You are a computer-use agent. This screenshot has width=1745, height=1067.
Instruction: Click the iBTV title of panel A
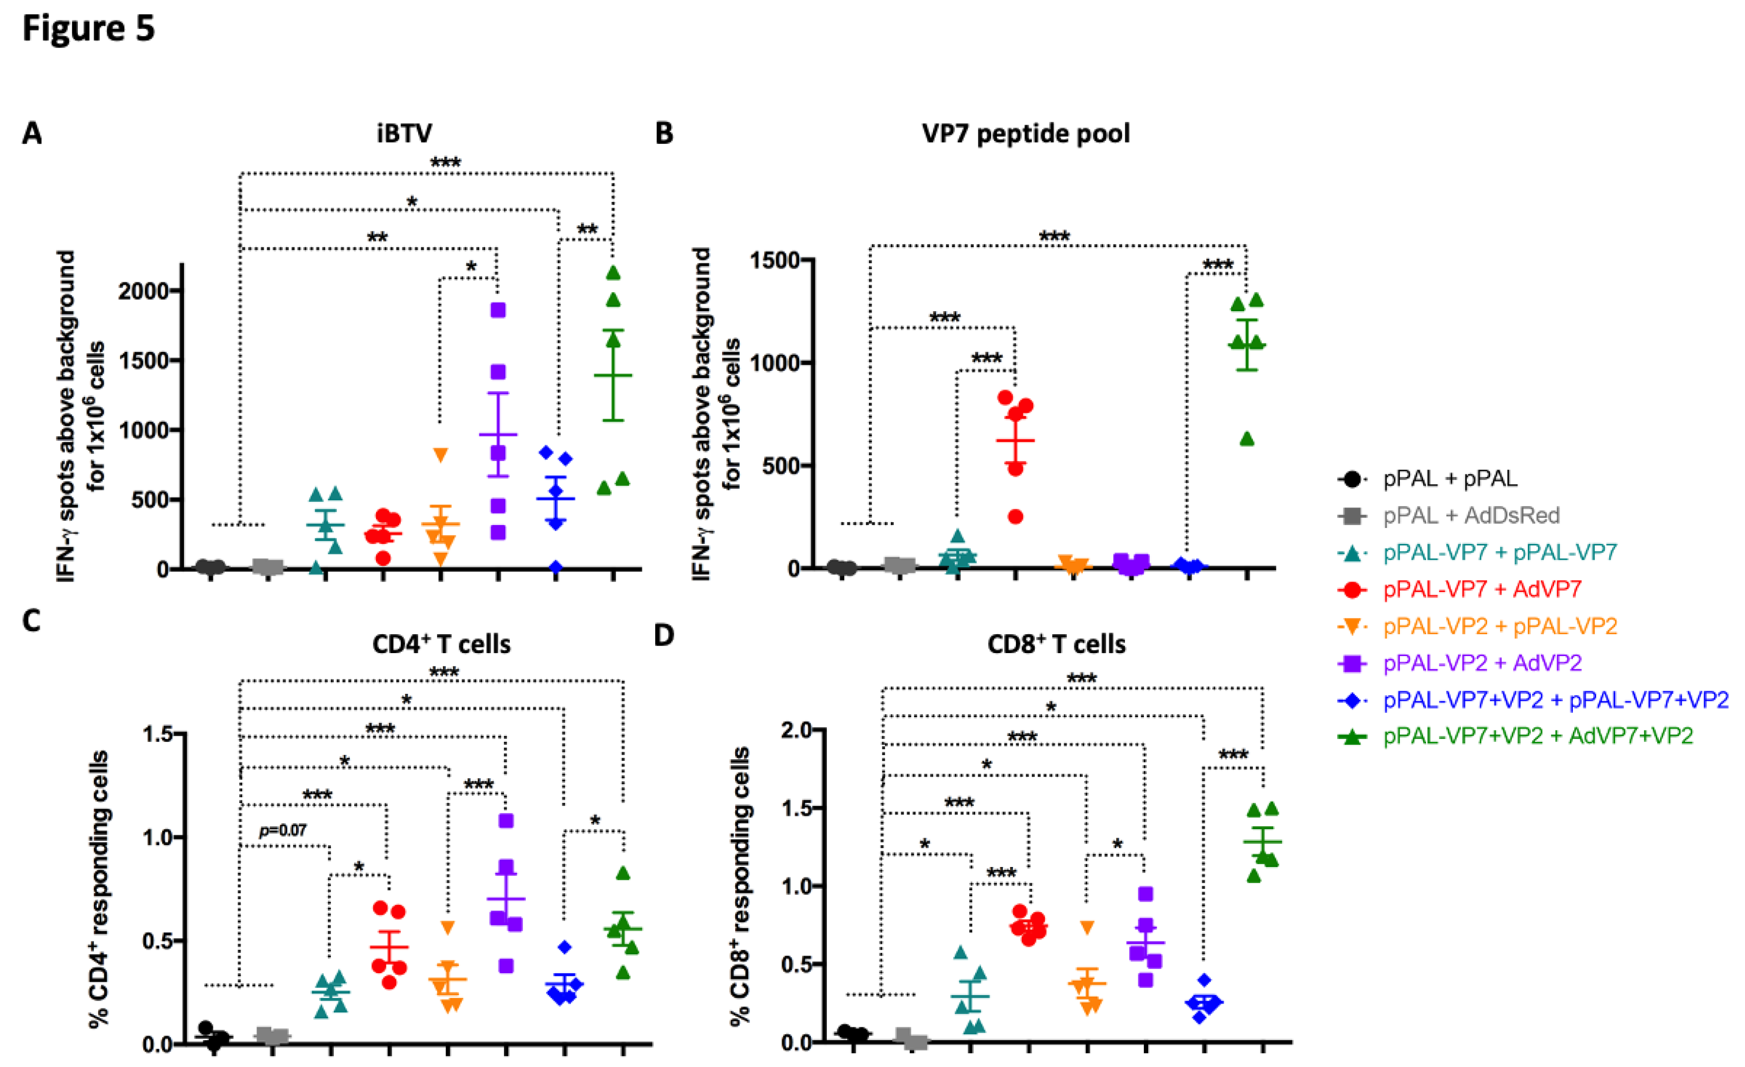tap(404, 133)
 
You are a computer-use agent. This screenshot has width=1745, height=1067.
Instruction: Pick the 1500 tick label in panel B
tap(775, 261)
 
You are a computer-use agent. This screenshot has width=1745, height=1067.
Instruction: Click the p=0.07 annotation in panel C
tap(283, 830)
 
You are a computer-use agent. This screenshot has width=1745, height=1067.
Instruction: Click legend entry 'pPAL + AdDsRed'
tap(1471, 515)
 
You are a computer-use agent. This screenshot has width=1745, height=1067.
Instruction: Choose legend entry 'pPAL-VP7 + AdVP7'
tap(1482, 589)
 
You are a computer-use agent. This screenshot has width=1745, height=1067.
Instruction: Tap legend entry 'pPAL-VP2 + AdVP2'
tap(1482, 663)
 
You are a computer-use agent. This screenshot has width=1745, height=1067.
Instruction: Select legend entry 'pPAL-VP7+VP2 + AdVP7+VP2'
tap(1538, 736)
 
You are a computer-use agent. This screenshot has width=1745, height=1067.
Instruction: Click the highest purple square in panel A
tap(499, 310)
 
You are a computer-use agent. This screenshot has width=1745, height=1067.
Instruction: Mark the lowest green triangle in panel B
tap(1247, 439)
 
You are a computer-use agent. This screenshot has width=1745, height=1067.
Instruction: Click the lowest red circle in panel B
tap(1015, 517)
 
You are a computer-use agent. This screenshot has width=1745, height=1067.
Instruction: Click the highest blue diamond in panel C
tap(564, 946)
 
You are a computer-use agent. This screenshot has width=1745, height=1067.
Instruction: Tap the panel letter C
tap(31, 621)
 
